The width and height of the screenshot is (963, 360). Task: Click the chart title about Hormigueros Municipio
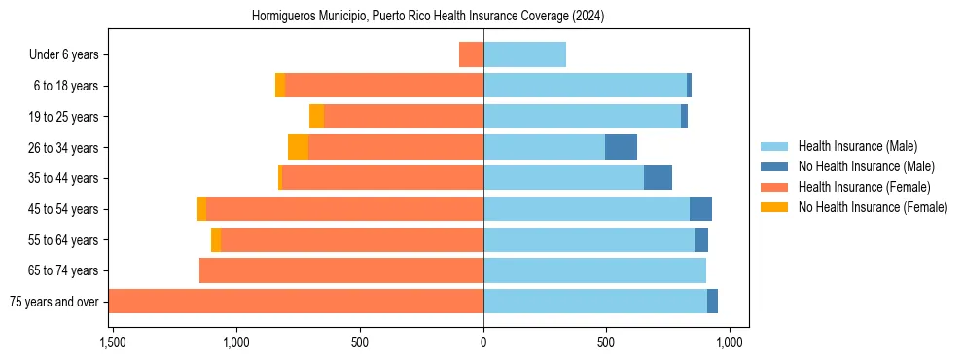428,17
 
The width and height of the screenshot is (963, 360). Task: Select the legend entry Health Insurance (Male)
857,146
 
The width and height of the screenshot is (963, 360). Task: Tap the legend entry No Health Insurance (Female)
873,207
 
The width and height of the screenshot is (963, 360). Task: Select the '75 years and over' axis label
53,302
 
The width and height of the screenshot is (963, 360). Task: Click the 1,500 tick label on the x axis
112,342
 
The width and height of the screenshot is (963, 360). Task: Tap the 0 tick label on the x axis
483,342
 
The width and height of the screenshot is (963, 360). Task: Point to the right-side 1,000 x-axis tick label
730,342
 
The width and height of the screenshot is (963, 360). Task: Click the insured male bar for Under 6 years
524,54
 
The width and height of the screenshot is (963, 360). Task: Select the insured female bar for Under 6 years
472,54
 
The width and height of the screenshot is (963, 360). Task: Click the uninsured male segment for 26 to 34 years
621,147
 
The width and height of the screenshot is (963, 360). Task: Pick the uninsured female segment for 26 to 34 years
298,147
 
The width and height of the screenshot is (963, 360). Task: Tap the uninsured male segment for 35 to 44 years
658,178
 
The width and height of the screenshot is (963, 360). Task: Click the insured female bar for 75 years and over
296,301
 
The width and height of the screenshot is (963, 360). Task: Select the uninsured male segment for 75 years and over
712,301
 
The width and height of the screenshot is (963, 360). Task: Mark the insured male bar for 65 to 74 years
594,270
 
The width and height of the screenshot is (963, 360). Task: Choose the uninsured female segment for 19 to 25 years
316,117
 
